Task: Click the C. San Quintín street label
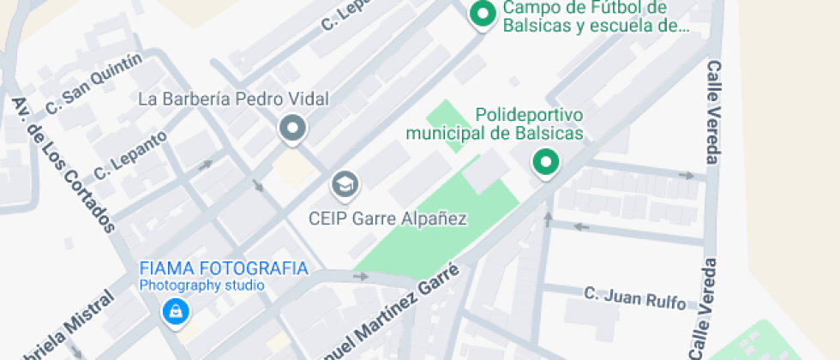pos(93,85)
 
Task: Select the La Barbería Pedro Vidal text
pos(233,99)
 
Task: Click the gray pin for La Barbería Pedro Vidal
pos(293,129)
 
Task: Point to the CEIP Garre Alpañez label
pos(387,219)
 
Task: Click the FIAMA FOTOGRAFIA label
pos(224,268)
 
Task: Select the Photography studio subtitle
pos(202,285)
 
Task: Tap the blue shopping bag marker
pos(175,312)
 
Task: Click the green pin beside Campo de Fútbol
pos(483,15)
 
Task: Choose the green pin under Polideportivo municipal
pos(544,161)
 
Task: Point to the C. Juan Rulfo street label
pos(635,297)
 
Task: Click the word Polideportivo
pos(529,114)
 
